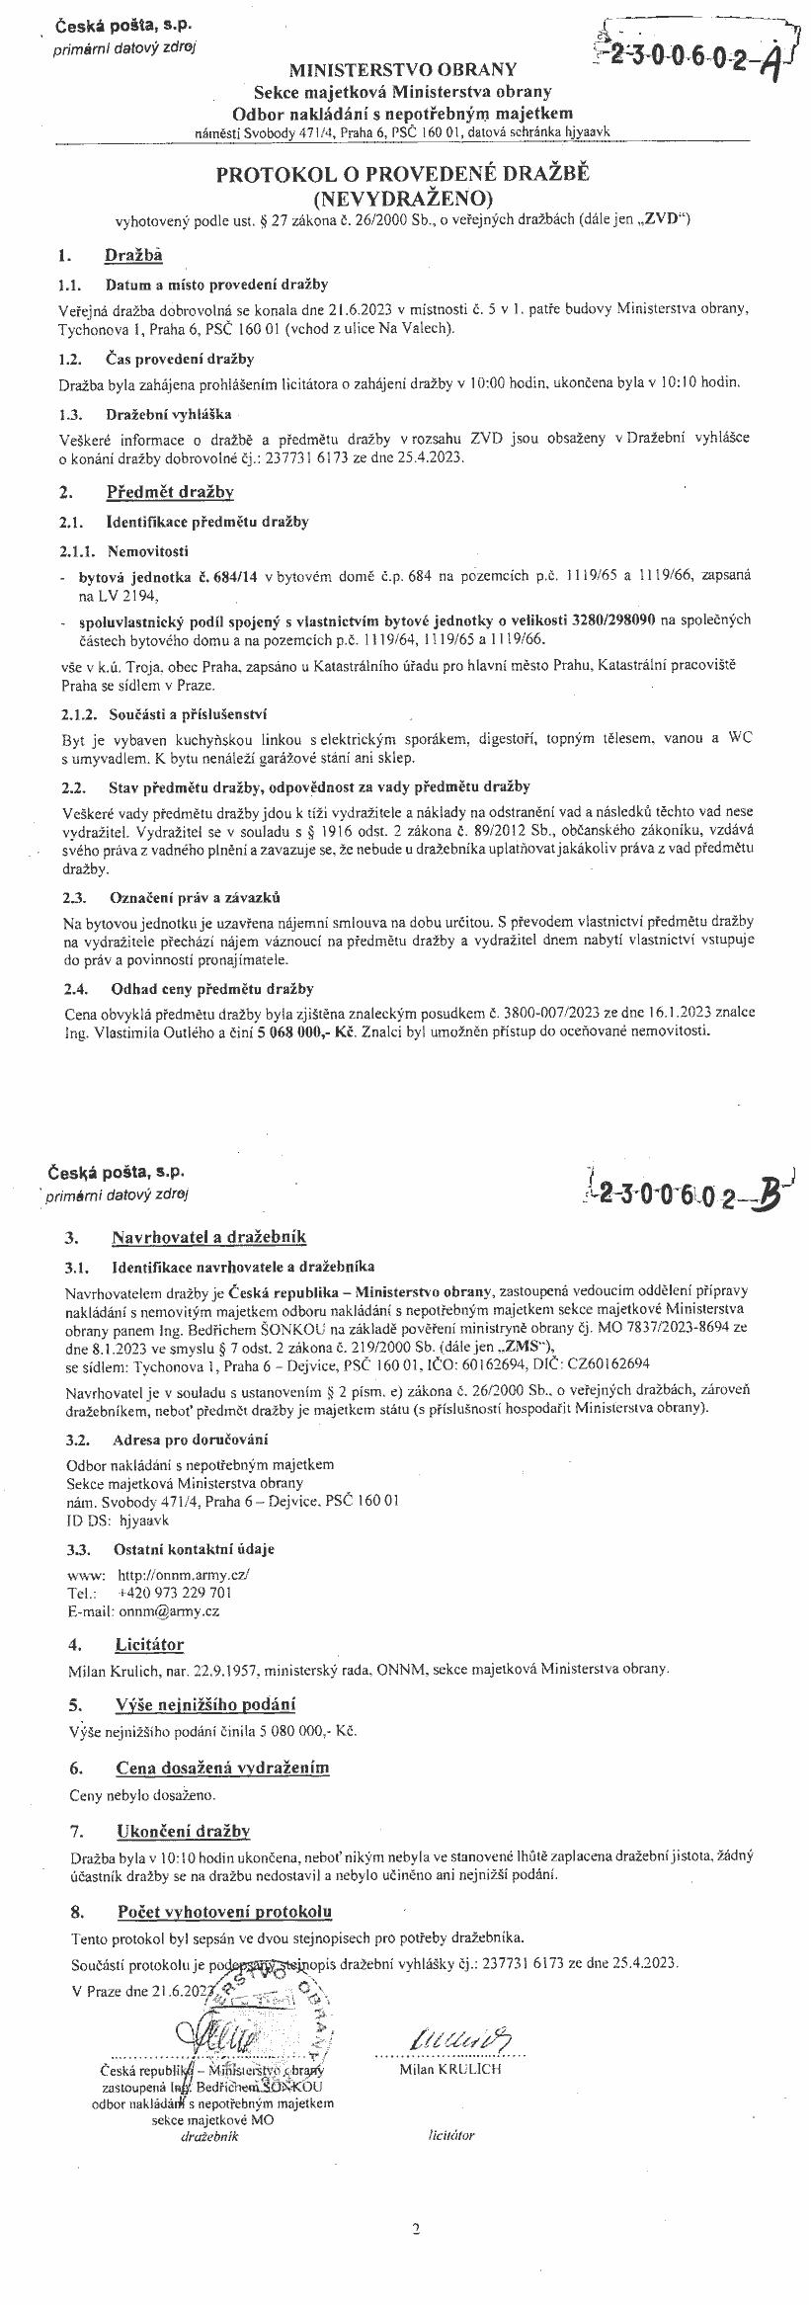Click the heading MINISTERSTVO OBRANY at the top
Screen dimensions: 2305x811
(402, 69)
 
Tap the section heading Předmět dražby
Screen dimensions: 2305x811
(169, 491)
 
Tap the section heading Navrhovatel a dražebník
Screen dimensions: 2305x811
(209, 1236)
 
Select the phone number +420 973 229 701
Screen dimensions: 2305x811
(175, 1593)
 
